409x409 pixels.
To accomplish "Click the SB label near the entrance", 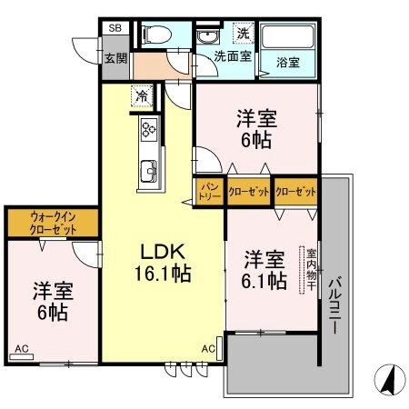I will (115, 29).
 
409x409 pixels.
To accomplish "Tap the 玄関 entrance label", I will (115, 57).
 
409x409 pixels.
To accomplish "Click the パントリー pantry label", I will (207, 191).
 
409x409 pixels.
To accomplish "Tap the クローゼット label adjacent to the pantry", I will (247, 192).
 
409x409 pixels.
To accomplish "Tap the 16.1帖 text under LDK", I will (164, 272).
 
